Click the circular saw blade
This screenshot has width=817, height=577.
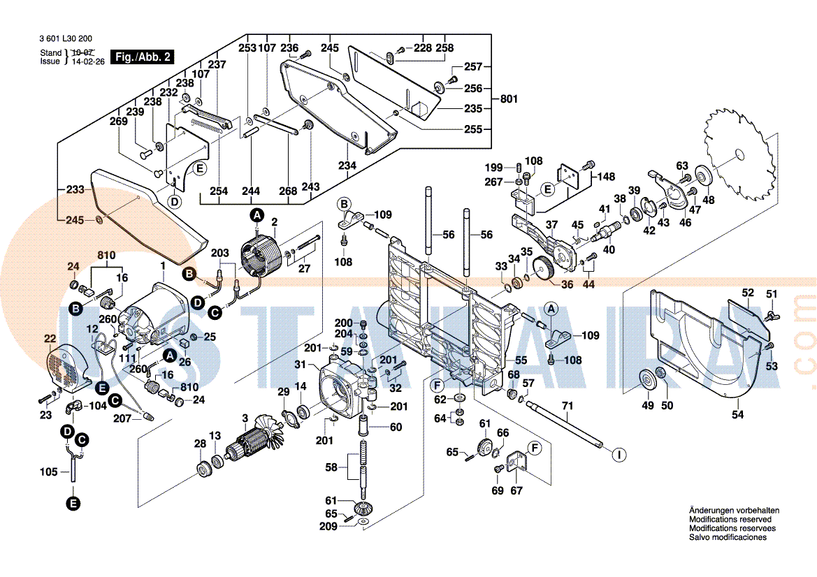[x=740, y=155]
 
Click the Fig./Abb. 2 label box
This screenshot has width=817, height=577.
[x=144, y=57]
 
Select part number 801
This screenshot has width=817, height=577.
[x=509, y=99]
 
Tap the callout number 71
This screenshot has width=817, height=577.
[x=567, y=406]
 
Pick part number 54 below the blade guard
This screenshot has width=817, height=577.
[x=738, y=415]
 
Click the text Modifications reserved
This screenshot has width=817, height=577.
[x=730, y=520]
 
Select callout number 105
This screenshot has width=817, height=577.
[x=48, y=472]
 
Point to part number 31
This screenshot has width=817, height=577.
[x=300, y=365]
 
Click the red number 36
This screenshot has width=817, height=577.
[x=567, y=284]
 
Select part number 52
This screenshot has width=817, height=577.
[x=748, y=293]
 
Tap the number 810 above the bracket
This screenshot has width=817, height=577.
[x=106, y=255]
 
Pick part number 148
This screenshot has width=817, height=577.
[x=606, y=177]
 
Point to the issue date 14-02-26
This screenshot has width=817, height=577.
[x=87, y=61]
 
